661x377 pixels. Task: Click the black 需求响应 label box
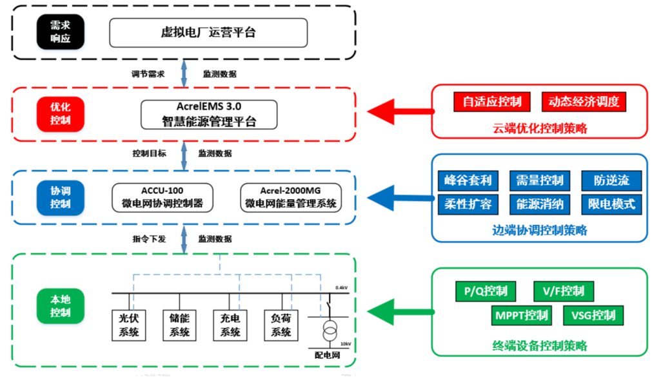[x=60, y=32]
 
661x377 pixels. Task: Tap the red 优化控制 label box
[x=60, y=114]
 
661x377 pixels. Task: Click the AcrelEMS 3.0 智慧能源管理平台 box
[x=209, y=114]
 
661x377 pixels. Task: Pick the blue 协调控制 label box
[x=60, y=198]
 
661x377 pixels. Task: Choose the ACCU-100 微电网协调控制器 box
[x=163, y=197]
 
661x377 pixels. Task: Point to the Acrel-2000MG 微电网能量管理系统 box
[x=290, y=197]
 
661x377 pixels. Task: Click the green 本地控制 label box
[x=60, y=306]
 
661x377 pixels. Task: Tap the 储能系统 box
[x=179, y=325]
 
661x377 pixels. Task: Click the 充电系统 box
[x=230, y=325]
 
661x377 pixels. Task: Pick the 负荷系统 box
[x=281, y=325]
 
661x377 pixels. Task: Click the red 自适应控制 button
[x=492, y=102]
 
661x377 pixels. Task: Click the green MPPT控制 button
[x=522, y=315]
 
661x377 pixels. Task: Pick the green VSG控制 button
[x=593, y=315]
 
